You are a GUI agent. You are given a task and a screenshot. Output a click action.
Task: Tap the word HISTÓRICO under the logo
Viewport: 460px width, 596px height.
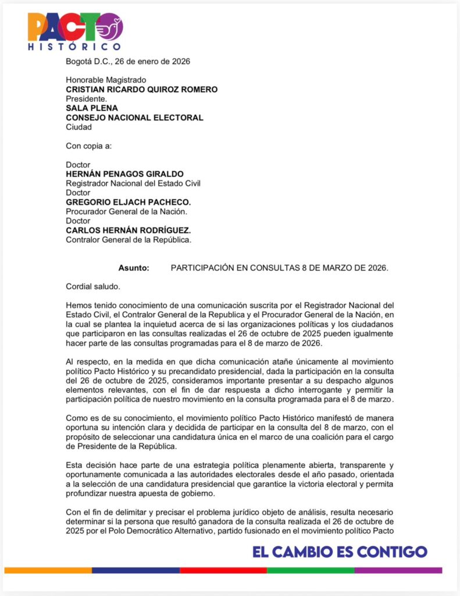pos(74,47)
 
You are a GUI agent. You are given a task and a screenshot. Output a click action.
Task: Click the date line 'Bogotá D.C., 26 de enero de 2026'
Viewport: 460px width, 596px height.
pos(128,61)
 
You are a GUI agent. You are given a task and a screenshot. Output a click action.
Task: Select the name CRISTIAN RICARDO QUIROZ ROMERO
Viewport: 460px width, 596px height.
pos(142,90)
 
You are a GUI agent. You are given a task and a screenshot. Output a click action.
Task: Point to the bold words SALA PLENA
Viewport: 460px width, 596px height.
pos(92,108)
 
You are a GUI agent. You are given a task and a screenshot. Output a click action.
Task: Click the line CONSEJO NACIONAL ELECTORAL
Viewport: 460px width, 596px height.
pos(134,118)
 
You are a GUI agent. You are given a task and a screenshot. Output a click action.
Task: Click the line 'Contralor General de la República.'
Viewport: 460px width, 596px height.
pos(129,239)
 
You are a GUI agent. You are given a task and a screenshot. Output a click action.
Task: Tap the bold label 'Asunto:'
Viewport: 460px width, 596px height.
pos(134,268)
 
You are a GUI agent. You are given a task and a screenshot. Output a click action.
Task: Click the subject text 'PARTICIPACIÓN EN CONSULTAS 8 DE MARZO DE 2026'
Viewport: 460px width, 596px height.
pos(279,268)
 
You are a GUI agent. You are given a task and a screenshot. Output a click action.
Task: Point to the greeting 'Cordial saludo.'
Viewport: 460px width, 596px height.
pos(93,286)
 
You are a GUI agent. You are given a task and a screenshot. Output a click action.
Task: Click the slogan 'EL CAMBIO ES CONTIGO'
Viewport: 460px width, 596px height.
pos(340,552)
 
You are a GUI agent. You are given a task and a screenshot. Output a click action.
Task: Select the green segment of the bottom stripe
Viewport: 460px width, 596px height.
pos(311,570)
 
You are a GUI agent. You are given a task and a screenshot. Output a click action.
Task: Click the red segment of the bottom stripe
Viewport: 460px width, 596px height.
pos(223,570)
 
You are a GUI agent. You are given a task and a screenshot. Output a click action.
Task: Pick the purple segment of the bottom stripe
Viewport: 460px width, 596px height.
pos(398,570)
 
